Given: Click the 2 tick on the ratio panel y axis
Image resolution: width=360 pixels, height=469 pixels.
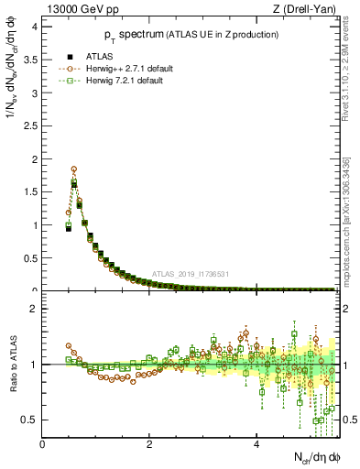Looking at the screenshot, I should [36, 309].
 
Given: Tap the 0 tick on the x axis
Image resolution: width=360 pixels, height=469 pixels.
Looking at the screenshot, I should [43, 444].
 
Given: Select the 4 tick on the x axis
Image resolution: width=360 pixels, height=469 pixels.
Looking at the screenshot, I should [256, 444].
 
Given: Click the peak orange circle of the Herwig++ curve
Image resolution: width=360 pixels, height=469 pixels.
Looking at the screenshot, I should [73, 169].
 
